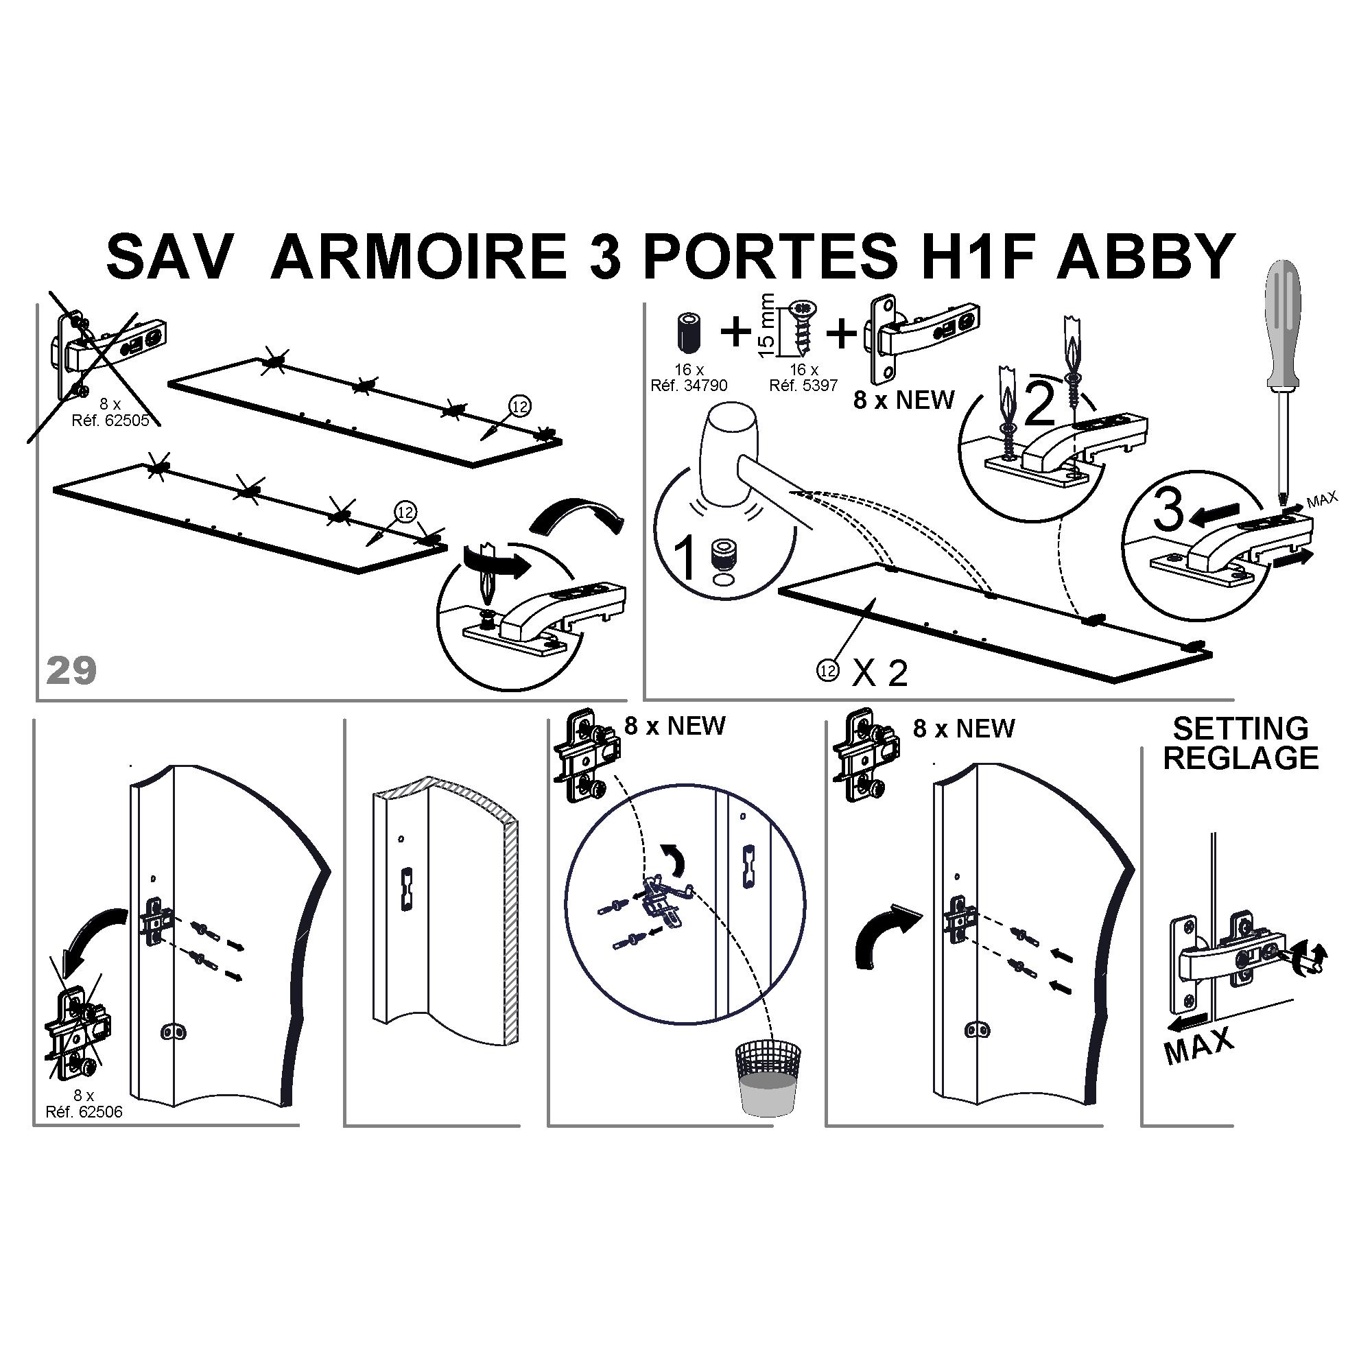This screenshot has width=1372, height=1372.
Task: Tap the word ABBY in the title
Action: coord(1144,257)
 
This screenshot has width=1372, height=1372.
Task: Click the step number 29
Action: coord(71,670)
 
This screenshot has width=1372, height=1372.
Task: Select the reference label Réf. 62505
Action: coord(110,421)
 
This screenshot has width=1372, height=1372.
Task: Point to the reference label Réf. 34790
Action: coord(689,386)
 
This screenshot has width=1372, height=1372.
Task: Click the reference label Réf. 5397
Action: coord(804,386)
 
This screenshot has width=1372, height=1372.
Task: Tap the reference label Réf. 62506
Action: coord(84,1112)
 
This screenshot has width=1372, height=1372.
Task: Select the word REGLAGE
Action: coord(1240,759)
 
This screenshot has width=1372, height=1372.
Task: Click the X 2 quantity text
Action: coord(880,673)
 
